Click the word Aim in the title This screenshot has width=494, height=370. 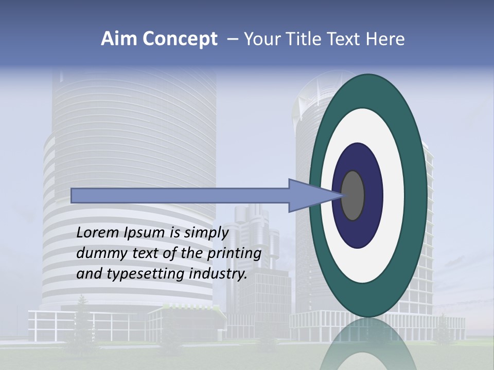coord(118,39)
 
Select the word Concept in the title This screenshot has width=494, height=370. coord(179,40)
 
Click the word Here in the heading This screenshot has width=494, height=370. coord(385,39)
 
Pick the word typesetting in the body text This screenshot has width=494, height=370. coord(142,274)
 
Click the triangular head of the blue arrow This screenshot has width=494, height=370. coord(309,195)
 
